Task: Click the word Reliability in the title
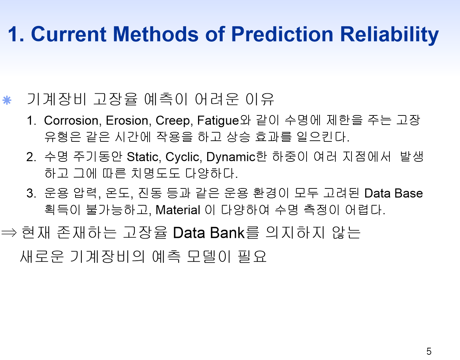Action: point(389,35)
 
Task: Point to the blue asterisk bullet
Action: point(7,100)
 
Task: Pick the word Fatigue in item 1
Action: point(218,121)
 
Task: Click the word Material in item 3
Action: point(178,210)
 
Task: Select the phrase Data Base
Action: point(394,193)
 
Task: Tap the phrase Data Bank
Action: point(209,233)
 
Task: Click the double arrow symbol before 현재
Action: point(9,233)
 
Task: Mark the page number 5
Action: point(429,351)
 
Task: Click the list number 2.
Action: point(31,157)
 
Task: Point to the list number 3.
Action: point(31,193)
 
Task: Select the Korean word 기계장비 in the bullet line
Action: point(57,99)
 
